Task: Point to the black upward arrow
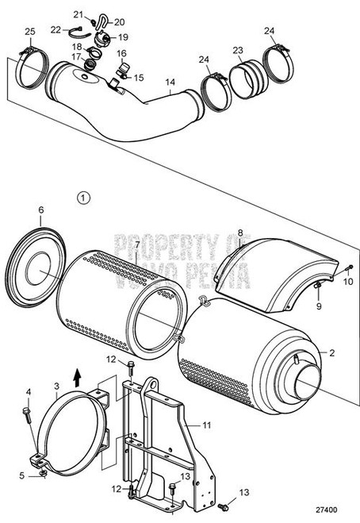[76, 373]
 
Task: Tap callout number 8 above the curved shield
[240, 233]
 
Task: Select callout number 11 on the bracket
[206, 425]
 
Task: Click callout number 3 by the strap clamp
[56, 386]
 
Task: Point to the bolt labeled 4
[29, 411]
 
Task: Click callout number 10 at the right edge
[347, 280]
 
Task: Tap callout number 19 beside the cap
[124, 37]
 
